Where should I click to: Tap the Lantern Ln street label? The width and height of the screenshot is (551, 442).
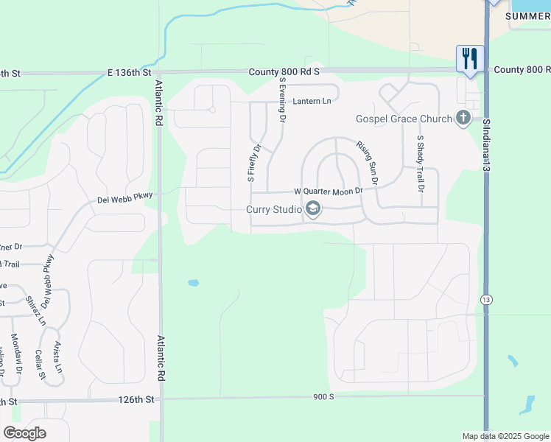(312, 101)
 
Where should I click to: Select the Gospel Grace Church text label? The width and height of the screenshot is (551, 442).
(404, 119)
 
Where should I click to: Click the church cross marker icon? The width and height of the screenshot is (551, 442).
(463, 118)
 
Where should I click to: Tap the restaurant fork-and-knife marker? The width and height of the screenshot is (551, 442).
(470, 58)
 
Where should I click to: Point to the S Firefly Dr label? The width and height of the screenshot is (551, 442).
(254, 163)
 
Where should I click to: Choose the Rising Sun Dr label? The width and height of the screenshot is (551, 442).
(367, 163)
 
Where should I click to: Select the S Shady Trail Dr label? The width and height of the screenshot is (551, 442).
(421, 164)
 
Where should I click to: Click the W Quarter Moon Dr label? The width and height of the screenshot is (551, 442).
(329, 191)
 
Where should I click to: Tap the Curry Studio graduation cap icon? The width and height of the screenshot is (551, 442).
(312, 209)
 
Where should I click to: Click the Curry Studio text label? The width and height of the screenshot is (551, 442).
(273, 209)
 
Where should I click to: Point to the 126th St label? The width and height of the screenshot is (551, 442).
(138, 399)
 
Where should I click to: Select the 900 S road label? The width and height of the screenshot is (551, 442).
(322, 396)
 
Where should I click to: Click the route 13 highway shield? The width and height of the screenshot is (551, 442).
(486, 300)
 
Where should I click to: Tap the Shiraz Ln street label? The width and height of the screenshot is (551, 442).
(32, 312)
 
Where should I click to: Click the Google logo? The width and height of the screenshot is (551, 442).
(24, 433)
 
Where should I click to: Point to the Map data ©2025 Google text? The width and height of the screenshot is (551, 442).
(505, 436)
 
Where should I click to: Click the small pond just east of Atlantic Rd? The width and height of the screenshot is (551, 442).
(193, 282)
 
